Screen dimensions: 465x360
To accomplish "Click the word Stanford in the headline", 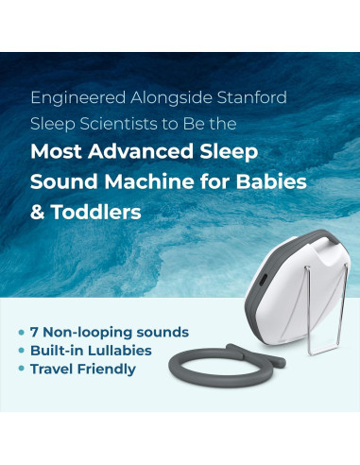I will click(x=249, y=97).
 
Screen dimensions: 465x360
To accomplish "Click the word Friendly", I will click(x=112, y=369).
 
